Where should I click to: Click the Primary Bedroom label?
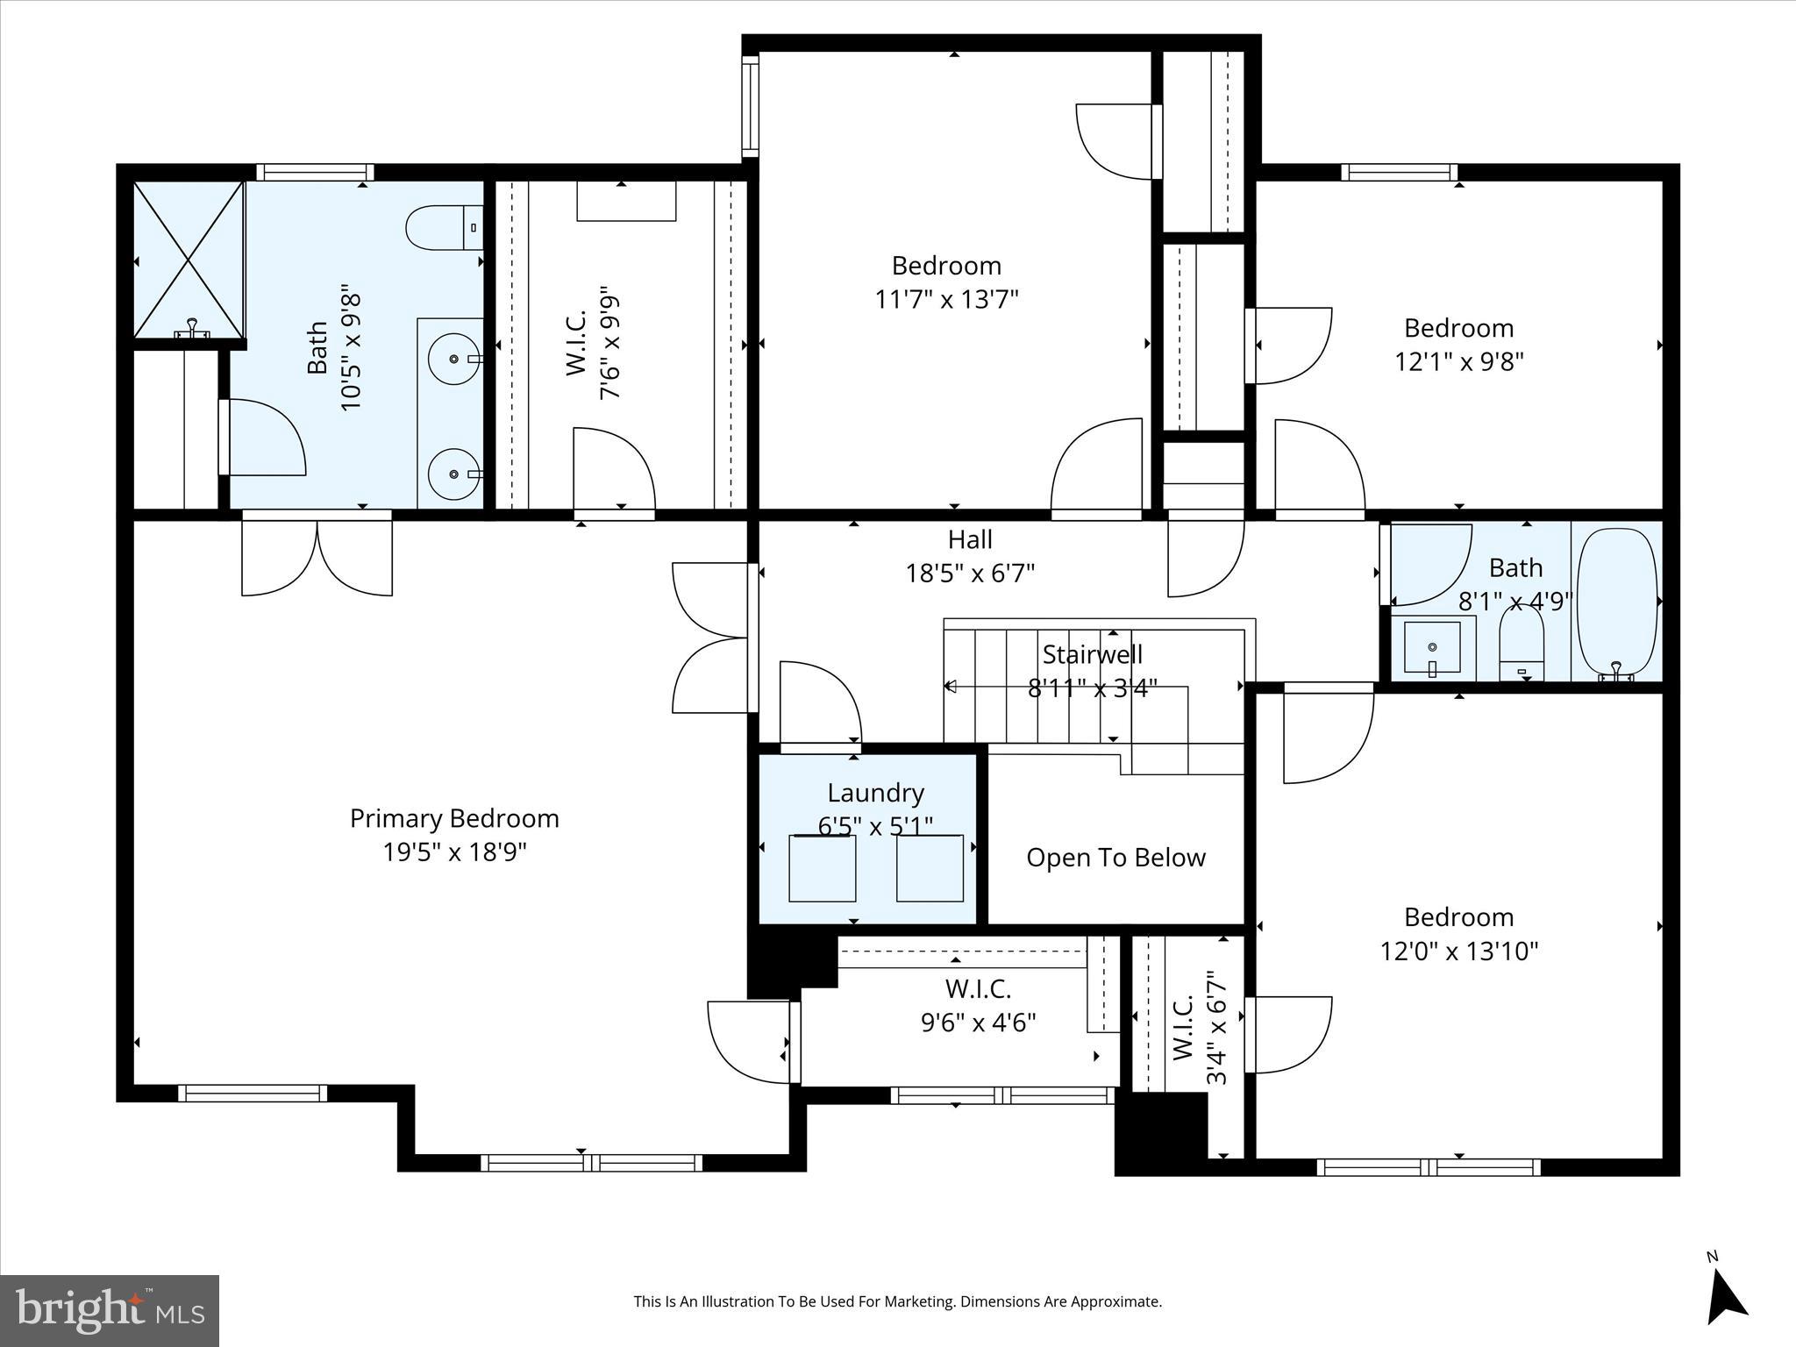[x=454, y=819]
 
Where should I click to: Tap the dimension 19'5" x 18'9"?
[x=454, y=852]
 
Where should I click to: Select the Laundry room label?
[x=876, y=794]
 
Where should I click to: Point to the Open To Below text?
[x=1115, y=858]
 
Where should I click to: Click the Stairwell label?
[x=1093, y=654]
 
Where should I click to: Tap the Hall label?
[x=970, y=539]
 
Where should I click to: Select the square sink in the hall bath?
[x=1432, y=648]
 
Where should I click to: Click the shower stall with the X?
[x=189, y=260]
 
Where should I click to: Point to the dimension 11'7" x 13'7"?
[x=946, y=300]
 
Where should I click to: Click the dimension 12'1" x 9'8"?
[x=1459, y=362]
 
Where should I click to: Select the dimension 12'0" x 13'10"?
[x=1459, y=951]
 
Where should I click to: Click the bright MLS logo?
[x=110, y=1310]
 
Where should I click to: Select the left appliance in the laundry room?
[x=823, y=868]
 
